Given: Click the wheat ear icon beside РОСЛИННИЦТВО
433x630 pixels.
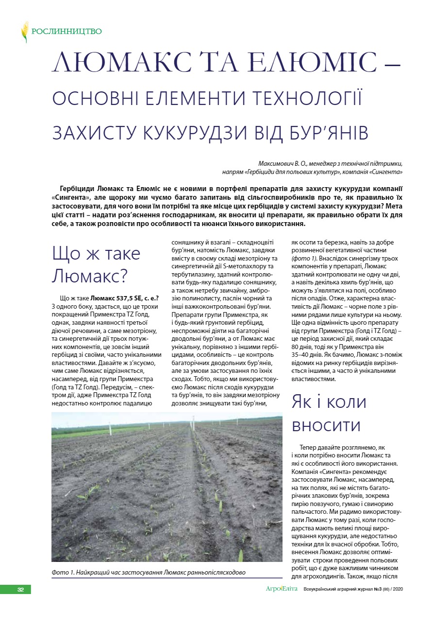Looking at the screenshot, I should point(24,32).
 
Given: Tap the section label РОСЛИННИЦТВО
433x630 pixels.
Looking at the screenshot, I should point(67,32).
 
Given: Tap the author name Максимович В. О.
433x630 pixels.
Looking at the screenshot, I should point(286,164).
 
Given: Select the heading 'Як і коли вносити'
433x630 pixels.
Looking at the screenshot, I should point(328,413).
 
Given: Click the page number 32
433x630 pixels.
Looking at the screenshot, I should point(20,590).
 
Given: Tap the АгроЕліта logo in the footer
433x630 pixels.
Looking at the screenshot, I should point(282,589).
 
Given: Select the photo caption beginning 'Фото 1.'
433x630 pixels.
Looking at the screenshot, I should point(148,572).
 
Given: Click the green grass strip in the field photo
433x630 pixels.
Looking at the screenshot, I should point(83,432).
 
